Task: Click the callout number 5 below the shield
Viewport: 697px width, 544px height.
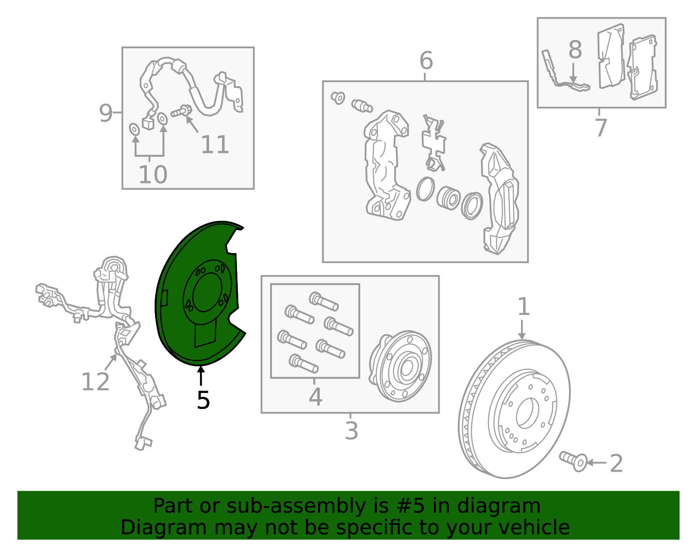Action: coord(203,400)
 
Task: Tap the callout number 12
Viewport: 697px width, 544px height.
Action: coord(95,382)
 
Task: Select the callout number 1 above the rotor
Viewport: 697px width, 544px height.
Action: coord(524,307)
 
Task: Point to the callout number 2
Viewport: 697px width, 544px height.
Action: coord(616,463)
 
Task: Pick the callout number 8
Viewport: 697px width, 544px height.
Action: coord(575,50)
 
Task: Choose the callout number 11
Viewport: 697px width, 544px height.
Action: coord(215,145)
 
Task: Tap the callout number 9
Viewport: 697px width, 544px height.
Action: coord(106,113)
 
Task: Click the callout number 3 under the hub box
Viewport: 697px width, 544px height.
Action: coord(351,431)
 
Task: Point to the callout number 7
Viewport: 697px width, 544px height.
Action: coord(602,128)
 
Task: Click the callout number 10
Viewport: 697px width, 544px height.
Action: coord(152,175)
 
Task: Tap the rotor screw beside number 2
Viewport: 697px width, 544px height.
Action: coord(573,461)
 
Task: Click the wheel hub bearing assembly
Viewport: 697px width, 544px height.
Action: coord(400,366)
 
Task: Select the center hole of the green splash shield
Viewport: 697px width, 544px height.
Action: coord(207,292)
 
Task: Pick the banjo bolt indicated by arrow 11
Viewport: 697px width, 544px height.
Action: coord(181,112)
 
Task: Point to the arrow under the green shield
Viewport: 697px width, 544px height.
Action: coord(201,376)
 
